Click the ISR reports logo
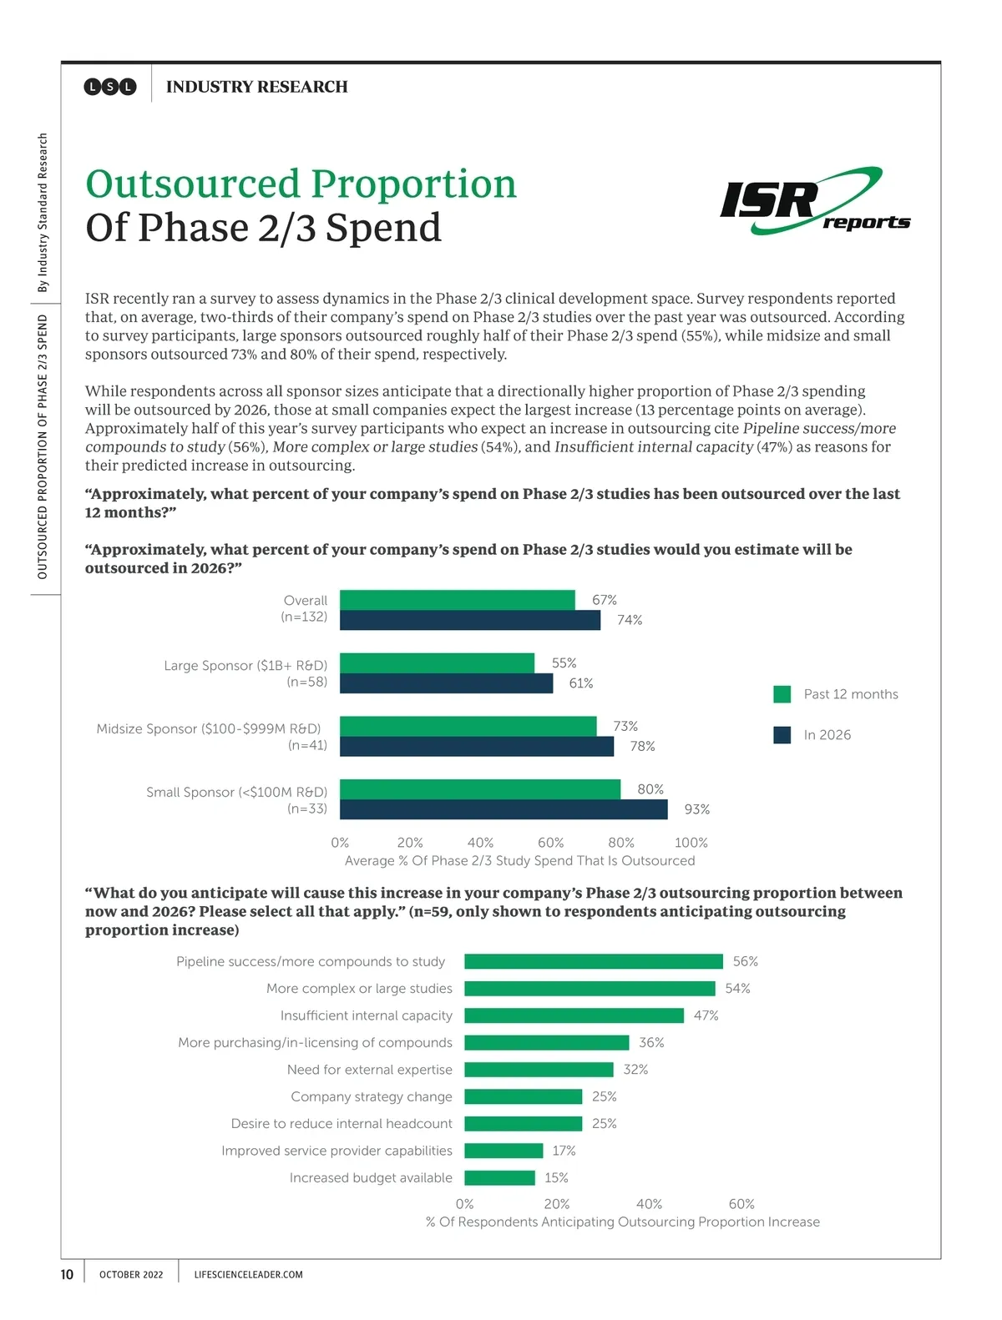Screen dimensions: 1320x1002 [x=814, y=201]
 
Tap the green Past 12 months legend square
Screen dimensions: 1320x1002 [x=782, y=694]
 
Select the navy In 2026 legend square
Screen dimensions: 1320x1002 [x=782, y=735]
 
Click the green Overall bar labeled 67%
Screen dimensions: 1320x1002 [x=457, y=600]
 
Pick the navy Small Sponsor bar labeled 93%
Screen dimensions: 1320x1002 [x=504, y=809]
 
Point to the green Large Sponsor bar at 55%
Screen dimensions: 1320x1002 [x=437, y=663]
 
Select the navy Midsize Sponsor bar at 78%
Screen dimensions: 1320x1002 [x=476, y=746]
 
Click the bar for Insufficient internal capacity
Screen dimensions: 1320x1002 [x=574, y=1015]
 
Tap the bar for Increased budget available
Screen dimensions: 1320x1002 [x=499, y=1178]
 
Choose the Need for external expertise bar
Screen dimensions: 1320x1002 [x=539, y=1070]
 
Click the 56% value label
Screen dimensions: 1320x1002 [x=745, y=961]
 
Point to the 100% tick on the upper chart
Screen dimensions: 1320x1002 [x=691, y=843]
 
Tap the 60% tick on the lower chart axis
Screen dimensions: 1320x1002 [x=741, y=1204]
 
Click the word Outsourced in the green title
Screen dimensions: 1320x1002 [x=193, y=184]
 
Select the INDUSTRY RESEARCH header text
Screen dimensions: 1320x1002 [x=256, y=87]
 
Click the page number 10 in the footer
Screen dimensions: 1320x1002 [x=67, y=1274]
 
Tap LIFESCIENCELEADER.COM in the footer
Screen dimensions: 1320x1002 [x=248, y=1275]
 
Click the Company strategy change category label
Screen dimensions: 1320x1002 [x=371, y=1096]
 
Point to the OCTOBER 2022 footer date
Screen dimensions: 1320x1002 [x=131, y=1275]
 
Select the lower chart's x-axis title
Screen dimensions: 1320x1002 [x=622, y=1222]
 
